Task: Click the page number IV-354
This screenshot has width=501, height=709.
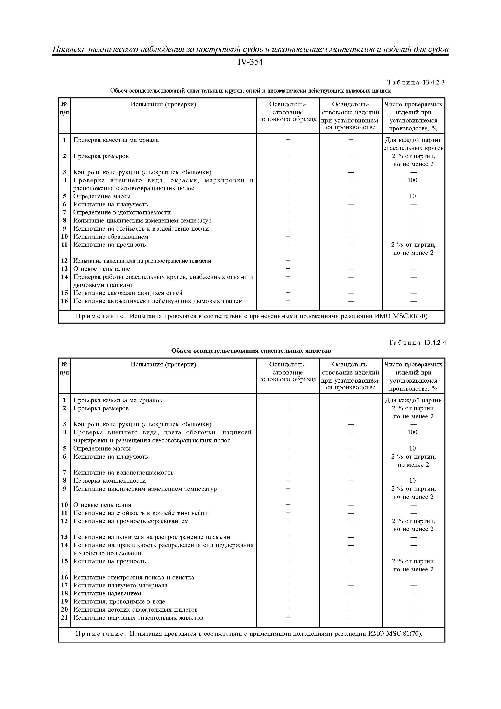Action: pyautogui.click(x=250, y=63)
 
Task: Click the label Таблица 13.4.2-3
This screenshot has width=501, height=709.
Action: pyautogui.click(x=416, y=82)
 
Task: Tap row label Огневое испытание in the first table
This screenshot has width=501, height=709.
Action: pyautogui.click(x=102, y=269)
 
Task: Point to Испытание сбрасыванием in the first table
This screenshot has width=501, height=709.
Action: pyautogui.click(x=111, y=236)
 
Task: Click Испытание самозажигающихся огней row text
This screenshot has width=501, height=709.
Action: pyautogui.click(x=128, y=293)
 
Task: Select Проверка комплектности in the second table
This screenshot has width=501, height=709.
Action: pyautogui.click(x=109, y=480)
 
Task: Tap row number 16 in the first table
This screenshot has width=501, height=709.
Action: pyautogui.click(x=64, y=301)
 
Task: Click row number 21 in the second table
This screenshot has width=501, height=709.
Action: pyautogui.click(x=64, y=618)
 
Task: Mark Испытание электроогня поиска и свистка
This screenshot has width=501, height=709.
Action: pyautogui.click(x=134, y=577)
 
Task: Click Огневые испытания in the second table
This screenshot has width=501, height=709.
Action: pyautogui.click(x=102, y=505)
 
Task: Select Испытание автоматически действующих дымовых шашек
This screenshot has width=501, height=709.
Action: pyautogui.click(x=157, y=301)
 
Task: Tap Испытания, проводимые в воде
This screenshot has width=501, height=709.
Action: pyautogui.click(x=119, y=601)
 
